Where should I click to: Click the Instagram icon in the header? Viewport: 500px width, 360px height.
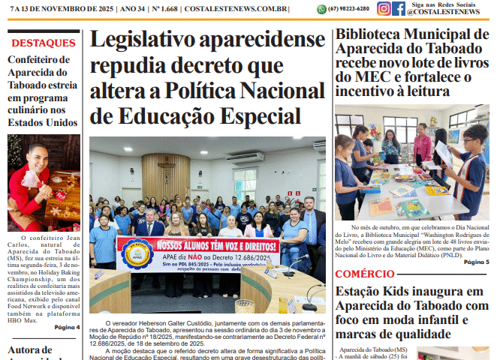(384, 9)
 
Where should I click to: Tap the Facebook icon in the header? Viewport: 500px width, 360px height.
(399, 9)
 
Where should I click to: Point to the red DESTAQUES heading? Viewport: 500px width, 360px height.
(42, 43)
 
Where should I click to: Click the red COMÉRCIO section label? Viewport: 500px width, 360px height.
(364, 274)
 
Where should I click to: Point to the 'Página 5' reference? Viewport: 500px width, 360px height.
(476, 262)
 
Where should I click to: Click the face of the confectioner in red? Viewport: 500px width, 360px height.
(31, 159)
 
